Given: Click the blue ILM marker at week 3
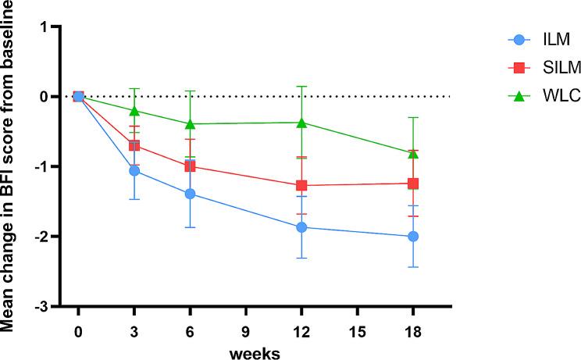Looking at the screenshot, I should (134, 170).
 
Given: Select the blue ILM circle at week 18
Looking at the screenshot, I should (413, 237).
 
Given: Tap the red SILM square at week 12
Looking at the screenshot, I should (301, 185).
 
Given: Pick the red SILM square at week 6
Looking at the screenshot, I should (190, 166).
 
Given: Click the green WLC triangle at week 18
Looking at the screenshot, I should (413, 153).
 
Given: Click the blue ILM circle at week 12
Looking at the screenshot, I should (301, 227).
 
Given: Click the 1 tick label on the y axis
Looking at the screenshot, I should (45, 27).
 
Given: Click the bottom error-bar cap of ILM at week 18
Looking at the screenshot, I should (413, 267).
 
